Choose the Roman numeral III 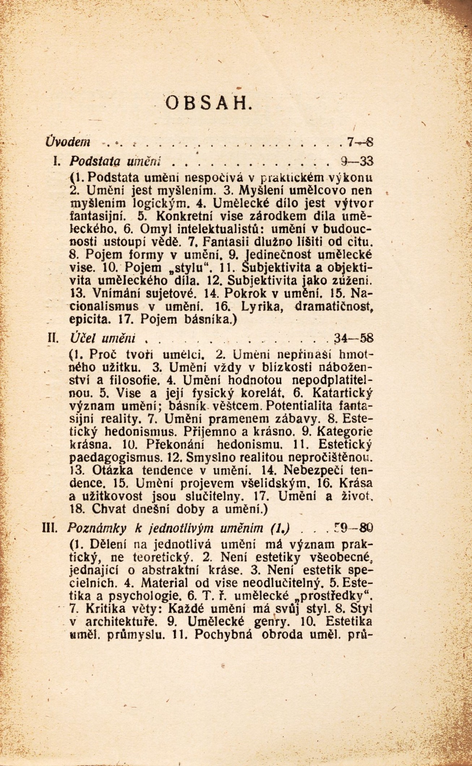click(48, 529)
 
